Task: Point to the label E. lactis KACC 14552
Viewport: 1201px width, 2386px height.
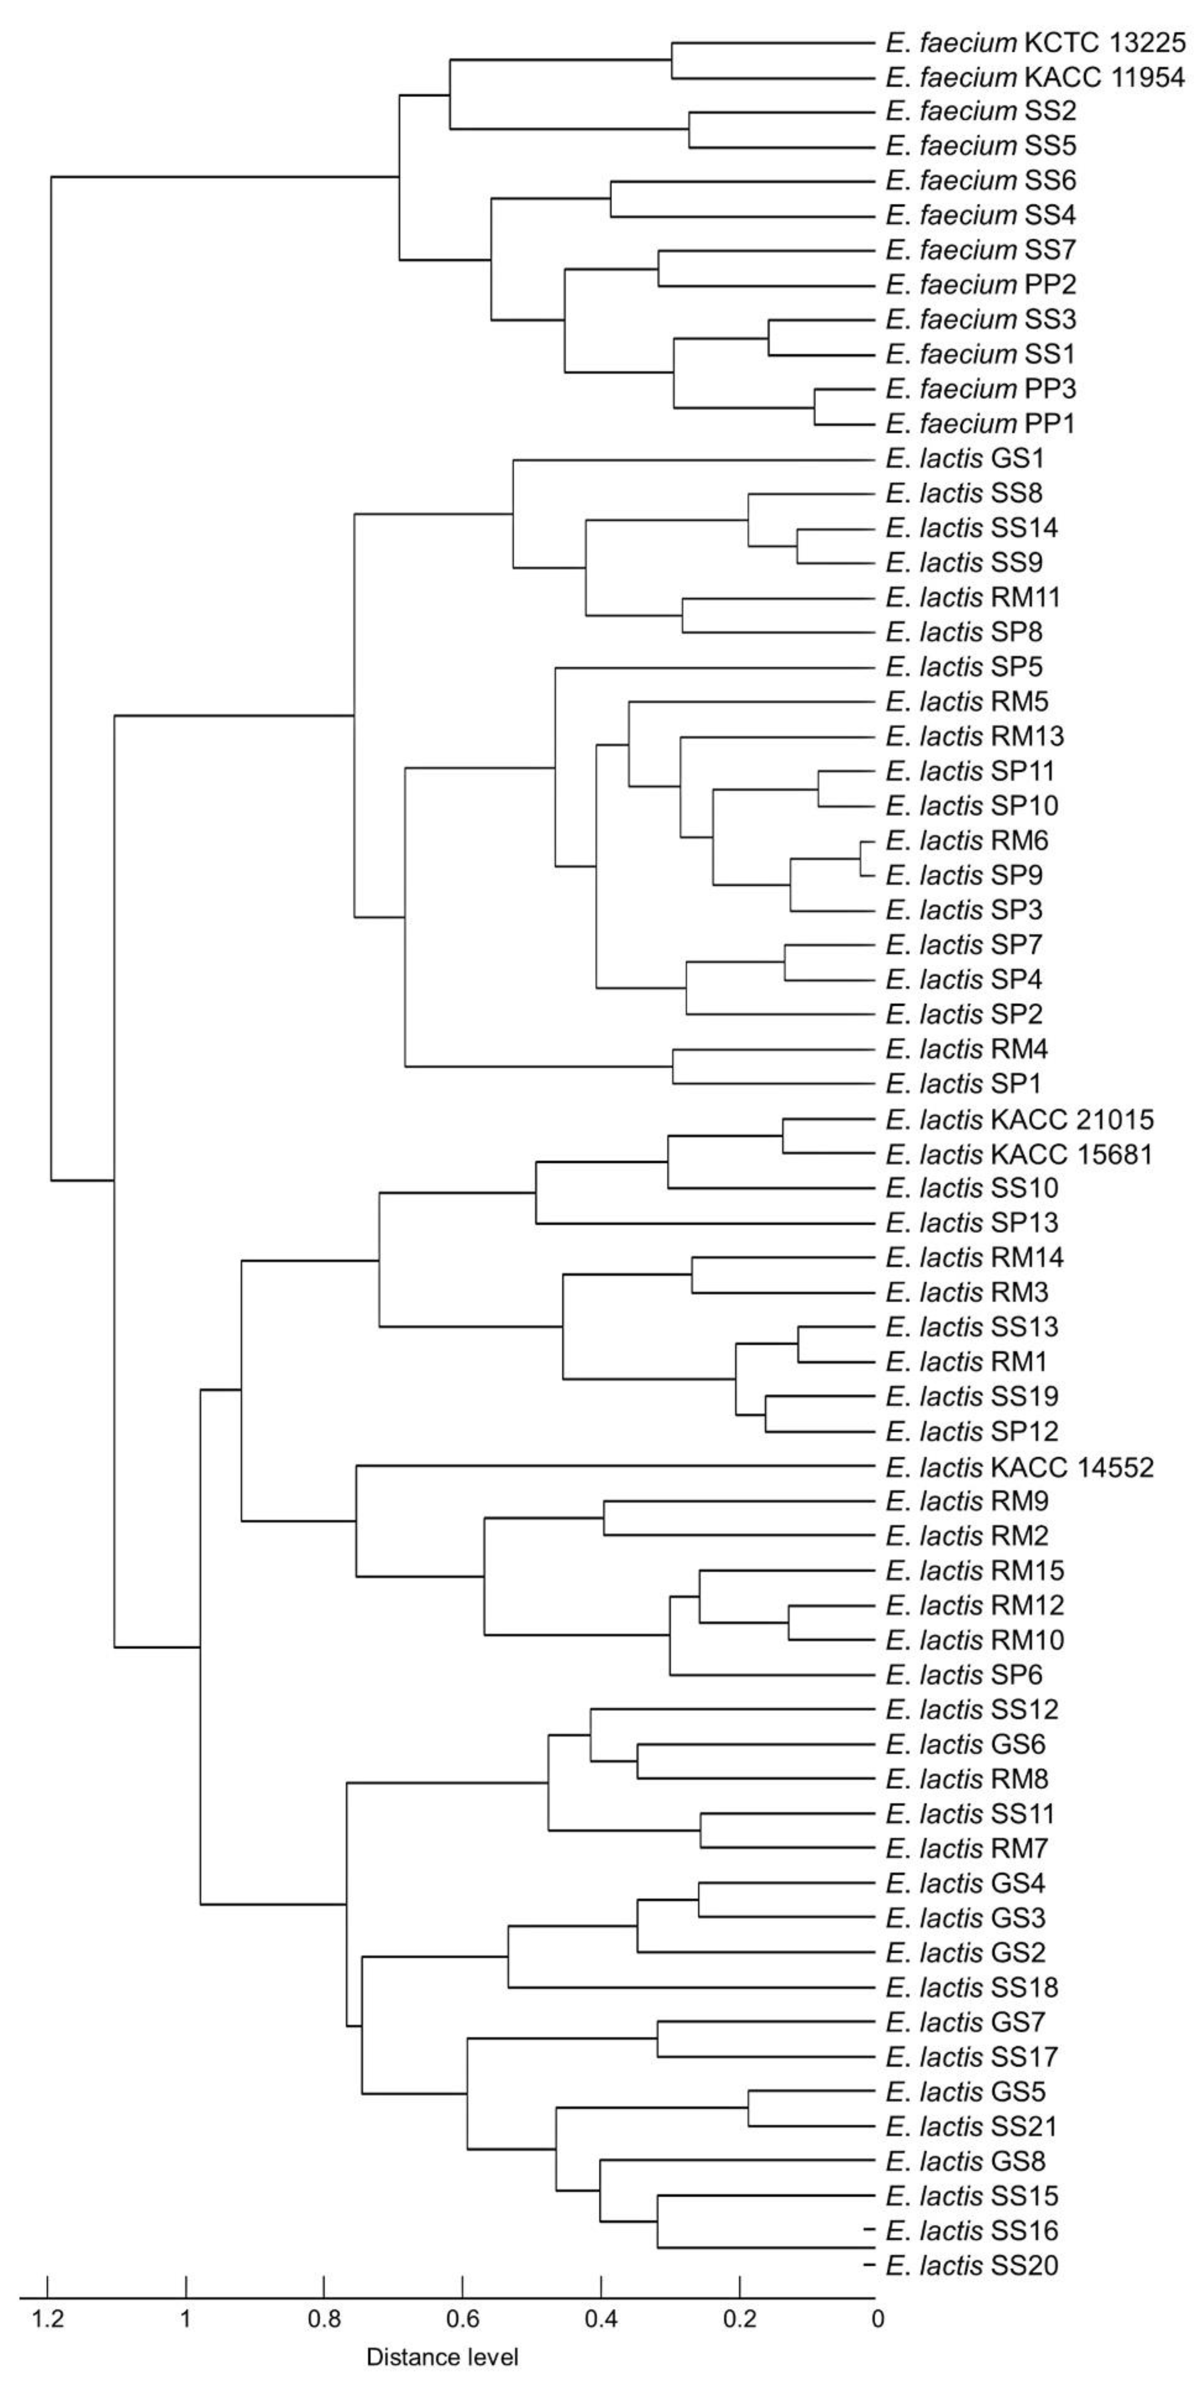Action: (x=1019, y=1467)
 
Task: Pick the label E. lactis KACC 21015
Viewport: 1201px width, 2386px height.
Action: (x=1019, y=1120)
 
